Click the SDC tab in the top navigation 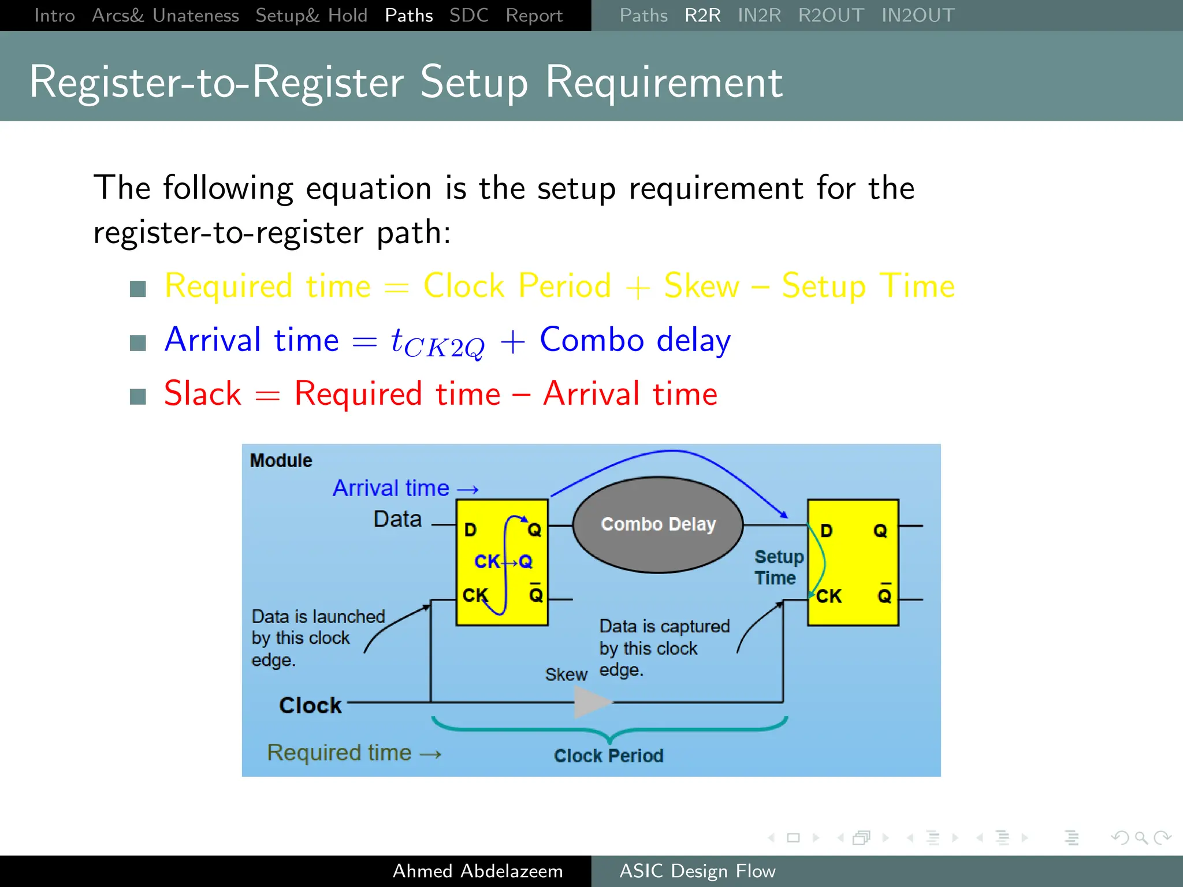pyautogui.click(x=468, y=16)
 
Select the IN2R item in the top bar pyautogui.click(x=759, y=16)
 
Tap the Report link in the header pyautogui.click(x=534, y=16)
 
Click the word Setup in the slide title pyautogui.click(x=474, y=83)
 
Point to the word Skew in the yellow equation pyautogui.click(x=701, y=286)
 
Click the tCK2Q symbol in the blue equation pyautogui.click(x=437, y=342)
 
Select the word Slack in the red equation pyautogui.click(x=203, y=394)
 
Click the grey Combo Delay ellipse pyautogui.click(x=658, y=524)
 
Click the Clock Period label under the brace pyautogui.click(x=608, y=755)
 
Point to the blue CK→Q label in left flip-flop pyautogui.click(x=503, y=561)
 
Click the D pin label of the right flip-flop pyautogui.click(x=826, y=531)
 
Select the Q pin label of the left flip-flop pyautogui.click(x=534, y=530)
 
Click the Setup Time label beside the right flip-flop pyautogui.click(x=778, y=567)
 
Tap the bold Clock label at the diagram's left pyautogui.click(x=310, y=705)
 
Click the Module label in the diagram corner pyautogui.click(x=281, y=461)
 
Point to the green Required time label pyautogui.click(x=339, y=752)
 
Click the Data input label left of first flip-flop pyautogui.click(x=397, y=519)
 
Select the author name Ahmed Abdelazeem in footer pyautogui.click(x=478, y=871)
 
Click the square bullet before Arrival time pyautogui.click(x=138, y=342)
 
